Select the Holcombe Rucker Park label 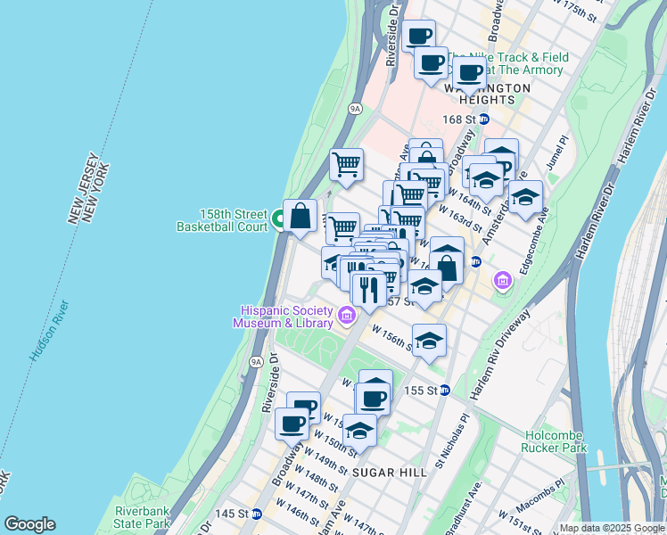[x=556, y=440]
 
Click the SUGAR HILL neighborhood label [x=389, y=471]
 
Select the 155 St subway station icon [x=444, y=391]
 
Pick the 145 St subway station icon [x=256, y=514]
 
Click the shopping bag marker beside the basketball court [x=301, y=215]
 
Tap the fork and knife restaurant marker [x=368, y=288]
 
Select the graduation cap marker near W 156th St [x=429, y=341]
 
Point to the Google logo [x=29, y=524]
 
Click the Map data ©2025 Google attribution [x=612, y=528]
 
